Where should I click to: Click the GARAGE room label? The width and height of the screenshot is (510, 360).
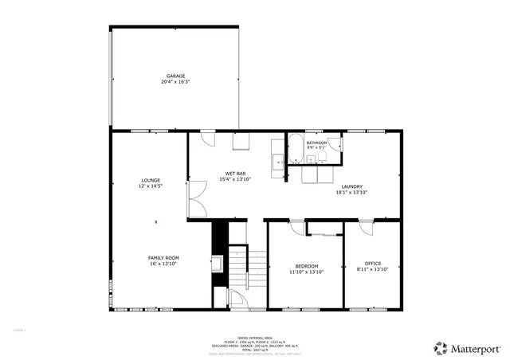(176, 76)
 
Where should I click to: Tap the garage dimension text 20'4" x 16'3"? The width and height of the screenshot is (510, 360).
(176, 81)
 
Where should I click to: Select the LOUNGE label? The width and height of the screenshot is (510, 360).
(151, 180)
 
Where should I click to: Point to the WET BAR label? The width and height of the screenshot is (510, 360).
(234, 173)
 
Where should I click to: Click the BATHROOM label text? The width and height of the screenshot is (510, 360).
(317, 143)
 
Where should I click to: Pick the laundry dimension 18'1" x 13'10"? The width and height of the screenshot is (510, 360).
(351, 192)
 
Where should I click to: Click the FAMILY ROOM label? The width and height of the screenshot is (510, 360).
(163, 257)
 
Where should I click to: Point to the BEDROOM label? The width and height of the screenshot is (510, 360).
(307, 265)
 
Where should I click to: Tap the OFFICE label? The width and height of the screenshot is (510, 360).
(373, 264)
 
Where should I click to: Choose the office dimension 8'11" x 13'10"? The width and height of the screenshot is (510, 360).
(373, 269)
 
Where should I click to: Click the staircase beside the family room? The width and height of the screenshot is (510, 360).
(248, 271)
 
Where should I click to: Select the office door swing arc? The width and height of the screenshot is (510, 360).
(366, 228)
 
